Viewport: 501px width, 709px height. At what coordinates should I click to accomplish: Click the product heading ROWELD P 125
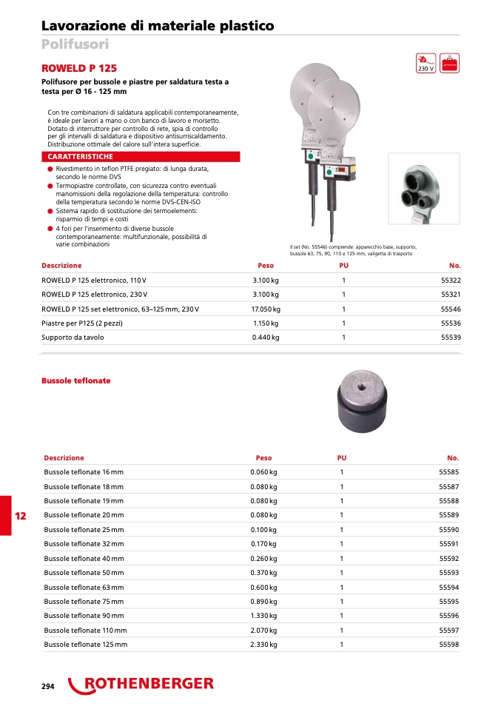(79, 67)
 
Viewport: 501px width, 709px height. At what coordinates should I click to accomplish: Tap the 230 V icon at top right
(426, 63)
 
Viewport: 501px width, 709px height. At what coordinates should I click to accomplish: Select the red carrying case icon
(449, 63)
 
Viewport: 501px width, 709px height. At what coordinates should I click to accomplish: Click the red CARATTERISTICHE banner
(141, 157)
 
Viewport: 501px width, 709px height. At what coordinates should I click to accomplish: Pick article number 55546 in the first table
(450, 309)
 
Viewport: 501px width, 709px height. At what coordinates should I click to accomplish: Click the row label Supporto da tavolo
(73, 337)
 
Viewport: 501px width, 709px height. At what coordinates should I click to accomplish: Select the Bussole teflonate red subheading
(76, 380)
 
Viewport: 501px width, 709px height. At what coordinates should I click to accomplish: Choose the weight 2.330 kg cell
(263, 644)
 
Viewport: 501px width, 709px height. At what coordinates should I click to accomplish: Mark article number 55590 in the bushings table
(448, 530)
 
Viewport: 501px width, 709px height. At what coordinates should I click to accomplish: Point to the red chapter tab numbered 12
(21, 516)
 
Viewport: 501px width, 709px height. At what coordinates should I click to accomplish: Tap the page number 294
(48, 686)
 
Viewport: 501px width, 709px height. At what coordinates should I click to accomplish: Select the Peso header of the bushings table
(263, 458)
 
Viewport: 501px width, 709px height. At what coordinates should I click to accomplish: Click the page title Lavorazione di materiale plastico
(158, 26)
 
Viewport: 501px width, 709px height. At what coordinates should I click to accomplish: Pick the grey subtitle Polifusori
(75, 44)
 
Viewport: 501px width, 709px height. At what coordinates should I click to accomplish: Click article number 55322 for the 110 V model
(450, 280)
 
